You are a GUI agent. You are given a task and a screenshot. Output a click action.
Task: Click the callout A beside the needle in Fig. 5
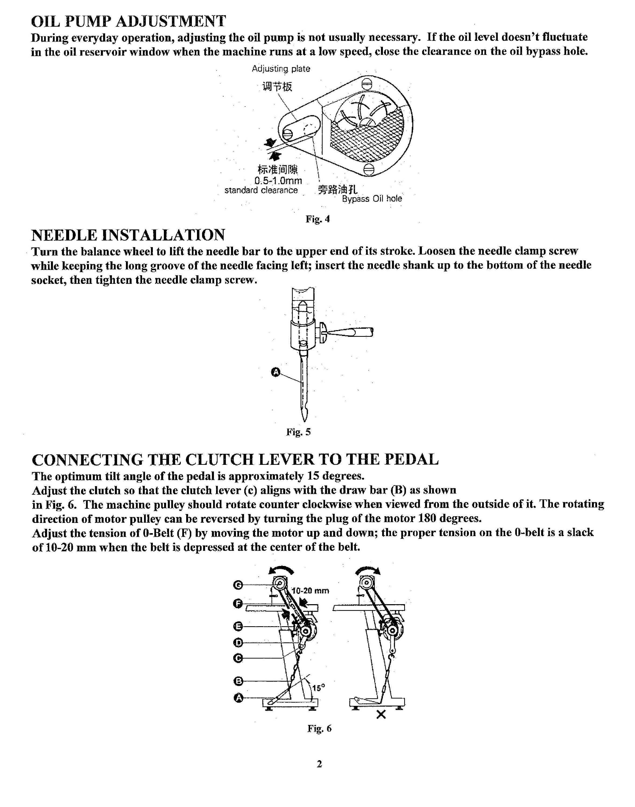(x=276, y=372)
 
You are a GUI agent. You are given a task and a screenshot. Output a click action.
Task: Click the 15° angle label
(x=318, y=688)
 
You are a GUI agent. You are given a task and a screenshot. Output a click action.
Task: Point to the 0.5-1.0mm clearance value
(x=278, y=181)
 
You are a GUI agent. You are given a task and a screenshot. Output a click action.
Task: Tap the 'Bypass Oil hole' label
(x=372, y=199)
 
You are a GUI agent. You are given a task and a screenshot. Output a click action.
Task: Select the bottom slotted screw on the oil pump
(x=367, y=169)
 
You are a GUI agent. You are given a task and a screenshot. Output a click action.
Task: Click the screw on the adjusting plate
(x=288, y=133)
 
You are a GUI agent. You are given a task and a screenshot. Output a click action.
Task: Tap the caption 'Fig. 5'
(x=298, y=432)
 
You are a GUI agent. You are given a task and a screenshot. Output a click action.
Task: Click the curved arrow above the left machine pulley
(x=281, y=571)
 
